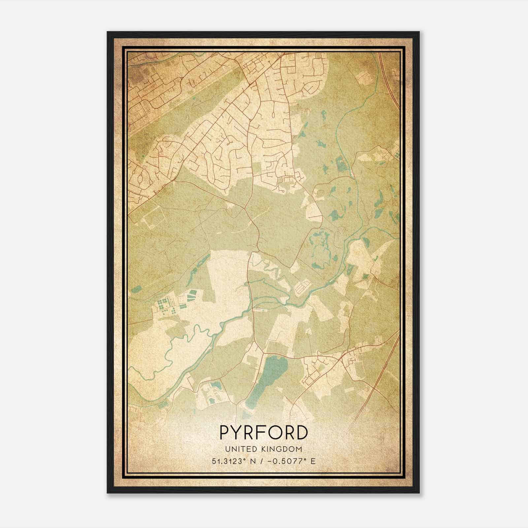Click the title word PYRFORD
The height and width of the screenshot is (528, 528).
click(x=264, y=433)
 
